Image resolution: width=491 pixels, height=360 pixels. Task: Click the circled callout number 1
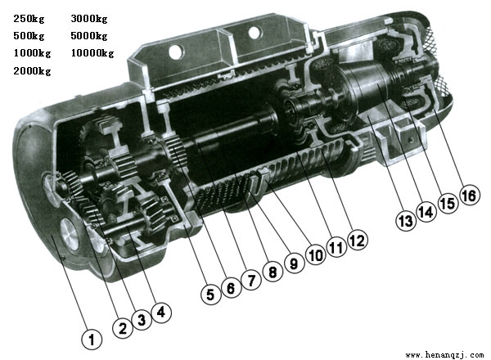tap(92, 339)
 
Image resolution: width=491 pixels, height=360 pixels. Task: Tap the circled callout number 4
tap(161, 312)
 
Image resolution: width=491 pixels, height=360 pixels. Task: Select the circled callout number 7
tap(251, 280)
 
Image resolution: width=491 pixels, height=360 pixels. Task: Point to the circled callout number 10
tap(316, 254)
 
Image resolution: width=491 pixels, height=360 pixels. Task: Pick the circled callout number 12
tap(358, 241)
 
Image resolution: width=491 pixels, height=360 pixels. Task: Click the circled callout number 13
tap(406, 221)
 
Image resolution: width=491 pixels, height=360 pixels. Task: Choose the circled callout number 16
tap(469, 196)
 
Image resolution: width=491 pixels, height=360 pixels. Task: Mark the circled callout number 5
tap(210, 294)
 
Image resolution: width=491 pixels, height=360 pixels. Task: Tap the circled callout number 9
tap(294, 263)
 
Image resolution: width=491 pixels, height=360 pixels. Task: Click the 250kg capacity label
tap(29, 19)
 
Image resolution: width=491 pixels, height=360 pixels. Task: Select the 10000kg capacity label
tap(92, 53)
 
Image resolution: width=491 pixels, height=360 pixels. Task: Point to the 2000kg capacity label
tap(32, 71)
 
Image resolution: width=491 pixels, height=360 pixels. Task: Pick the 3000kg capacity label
tap(89, 19)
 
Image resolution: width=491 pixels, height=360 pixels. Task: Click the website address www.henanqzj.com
tap(444, 354)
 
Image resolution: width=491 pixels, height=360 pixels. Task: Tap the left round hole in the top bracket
tap(176, 52)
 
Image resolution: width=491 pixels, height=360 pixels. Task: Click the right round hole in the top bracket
tap(255, 32)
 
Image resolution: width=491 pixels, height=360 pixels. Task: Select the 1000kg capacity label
tap(32, 53)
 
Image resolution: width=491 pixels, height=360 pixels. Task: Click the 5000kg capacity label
tap(89, 36)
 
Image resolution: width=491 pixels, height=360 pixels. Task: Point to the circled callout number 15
tap(448, 204)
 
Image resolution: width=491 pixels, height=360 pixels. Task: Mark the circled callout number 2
tap(123, 328)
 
